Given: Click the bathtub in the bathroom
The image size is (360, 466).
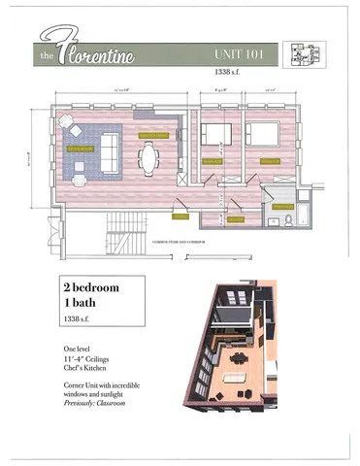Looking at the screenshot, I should point(303,214).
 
